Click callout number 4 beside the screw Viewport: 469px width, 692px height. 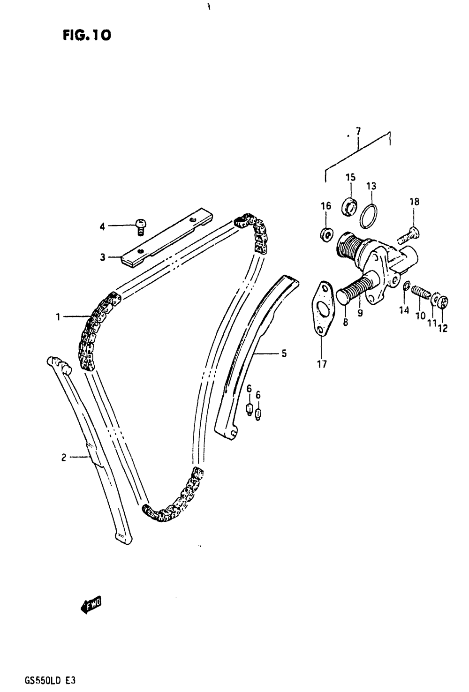tap(103, 226)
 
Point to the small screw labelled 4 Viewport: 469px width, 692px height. tap(140, 226)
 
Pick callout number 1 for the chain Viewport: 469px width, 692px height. tap(58, 317)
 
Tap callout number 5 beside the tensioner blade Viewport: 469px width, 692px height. tap(284, 354)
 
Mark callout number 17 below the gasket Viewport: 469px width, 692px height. tap(322, 364)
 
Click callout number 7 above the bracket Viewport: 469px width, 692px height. tap(358, 132)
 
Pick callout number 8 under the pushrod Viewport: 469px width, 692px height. tap(345, 323)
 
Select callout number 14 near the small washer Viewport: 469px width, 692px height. tap(404, 310)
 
